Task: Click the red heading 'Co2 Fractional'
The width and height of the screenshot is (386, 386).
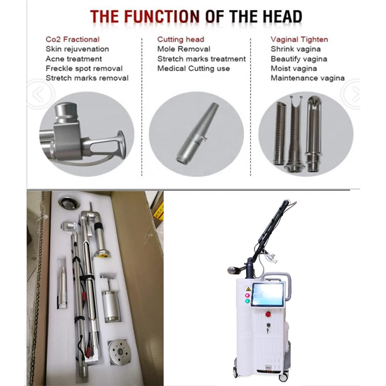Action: click(x=73, y=40)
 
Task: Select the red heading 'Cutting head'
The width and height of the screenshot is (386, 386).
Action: click(x=181, y=40)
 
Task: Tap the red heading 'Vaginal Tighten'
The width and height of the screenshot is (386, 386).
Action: click(x=299, y=40)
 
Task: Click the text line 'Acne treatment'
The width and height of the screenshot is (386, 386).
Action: click(x=74, y=59)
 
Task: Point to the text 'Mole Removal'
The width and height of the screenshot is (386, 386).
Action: click(x=184, y=49)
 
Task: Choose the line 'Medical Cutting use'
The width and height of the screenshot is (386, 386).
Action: click(x=194, y=68)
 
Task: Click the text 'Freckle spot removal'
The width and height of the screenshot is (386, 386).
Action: click(x=84, y=68)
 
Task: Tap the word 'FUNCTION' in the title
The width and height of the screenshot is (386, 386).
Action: click(x=162, y=16)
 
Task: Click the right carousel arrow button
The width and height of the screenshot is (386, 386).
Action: click(x=352, y=94)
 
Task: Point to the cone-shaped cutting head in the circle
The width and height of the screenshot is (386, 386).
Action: click(x=197, y=133)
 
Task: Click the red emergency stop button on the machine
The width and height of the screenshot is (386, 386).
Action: click(x=268, y=314)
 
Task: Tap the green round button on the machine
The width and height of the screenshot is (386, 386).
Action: click(x=247, y=301)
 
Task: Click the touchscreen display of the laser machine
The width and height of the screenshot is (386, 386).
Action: click(x=268, y=294)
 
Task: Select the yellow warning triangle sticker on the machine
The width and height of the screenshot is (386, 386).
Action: click(x=248, y=289)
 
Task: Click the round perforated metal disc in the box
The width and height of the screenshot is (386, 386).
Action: click(x=119, y=352)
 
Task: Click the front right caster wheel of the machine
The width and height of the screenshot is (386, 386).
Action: click(x=283, y=377)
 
